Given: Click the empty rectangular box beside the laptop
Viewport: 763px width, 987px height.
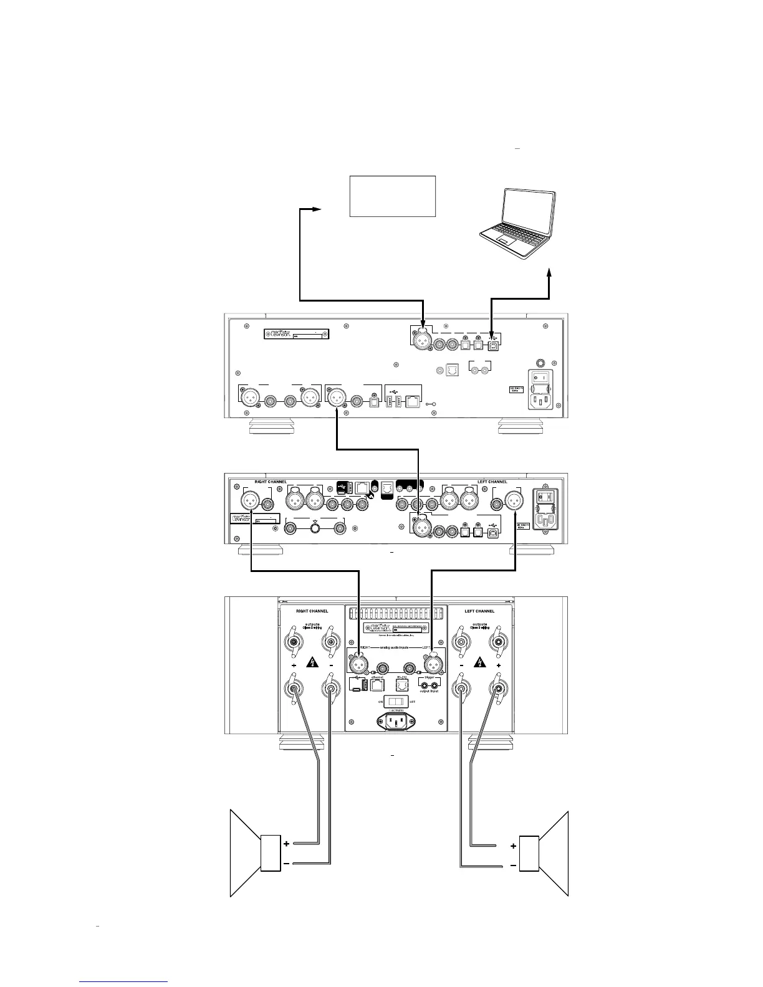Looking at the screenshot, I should click(392, 196).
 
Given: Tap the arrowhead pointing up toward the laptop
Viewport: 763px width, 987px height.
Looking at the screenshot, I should click(550, 274).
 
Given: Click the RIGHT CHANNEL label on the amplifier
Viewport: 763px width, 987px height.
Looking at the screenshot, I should click(312, 611).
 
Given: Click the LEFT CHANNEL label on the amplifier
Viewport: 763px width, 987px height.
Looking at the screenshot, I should click(479, 611).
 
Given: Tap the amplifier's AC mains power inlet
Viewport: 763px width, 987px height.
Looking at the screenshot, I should click(396, 722).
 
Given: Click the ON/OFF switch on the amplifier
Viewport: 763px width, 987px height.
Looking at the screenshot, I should click(396, 700).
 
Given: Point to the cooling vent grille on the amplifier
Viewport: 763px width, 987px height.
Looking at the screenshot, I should click(395, 613).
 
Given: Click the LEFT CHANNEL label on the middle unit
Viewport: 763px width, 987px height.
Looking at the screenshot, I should click(492, 482).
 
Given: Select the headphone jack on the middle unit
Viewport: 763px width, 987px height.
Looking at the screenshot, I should click(315, 528).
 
